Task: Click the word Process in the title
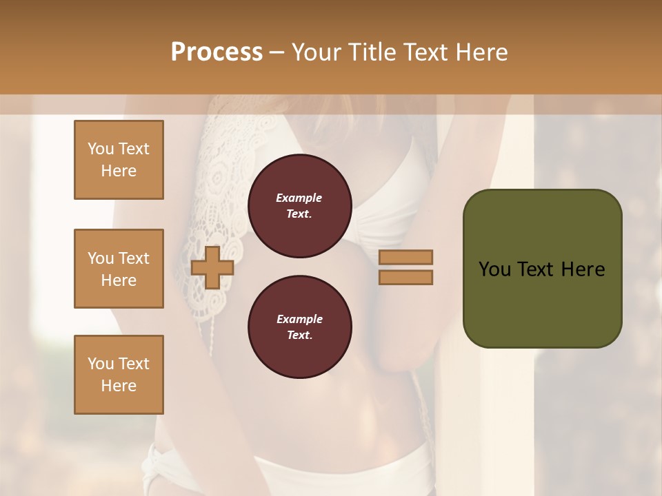click(217, 52)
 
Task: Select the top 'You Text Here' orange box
click(119, 160)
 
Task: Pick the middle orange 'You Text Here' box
click(119, 269)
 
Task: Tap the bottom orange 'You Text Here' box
click(119, 375)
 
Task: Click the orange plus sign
click(212, 267)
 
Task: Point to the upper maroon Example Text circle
click(299, 206)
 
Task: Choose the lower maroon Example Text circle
click(299, 327)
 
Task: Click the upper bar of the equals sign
click(406, 258)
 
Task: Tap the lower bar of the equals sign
click(406, 277)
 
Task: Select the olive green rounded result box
click(542, 269)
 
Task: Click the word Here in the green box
click(583, 269)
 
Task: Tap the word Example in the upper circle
click(299, 198)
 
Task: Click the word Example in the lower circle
click(299, 319)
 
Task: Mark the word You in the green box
click(494, 269)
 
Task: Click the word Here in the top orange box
click(119, 171)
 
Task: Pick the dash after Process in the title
click(277, 52)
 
